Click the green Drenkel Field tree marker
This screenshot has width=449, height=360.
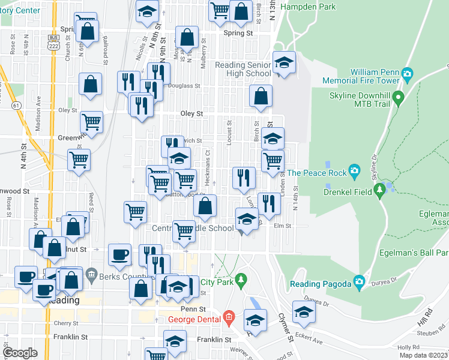[x=379, y=190]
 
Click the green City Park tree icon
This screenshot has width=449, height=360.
[x=241, y=280]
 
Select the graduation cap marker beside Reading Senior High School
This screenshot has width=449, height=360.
[x=284, y=62]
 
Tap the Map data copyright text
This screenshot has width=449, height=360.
[x=423, y=356]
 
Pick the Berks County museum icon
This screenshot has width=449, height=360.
[x=91, y=274]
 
